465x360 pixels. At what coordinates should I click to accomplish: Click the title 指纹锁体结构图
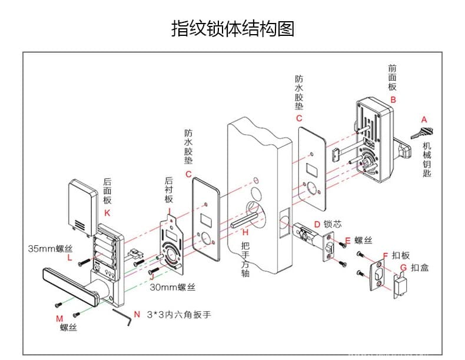[232, 28]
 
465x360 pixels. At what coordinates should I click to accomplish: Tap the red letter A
[424, 119]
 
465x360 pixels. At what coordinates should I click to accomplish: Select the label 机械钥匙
[427, 159]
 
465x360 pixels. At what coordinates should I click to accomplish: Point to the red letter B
[393, 99]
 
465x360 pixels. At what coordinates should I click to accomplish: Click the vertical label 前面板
[393, 77]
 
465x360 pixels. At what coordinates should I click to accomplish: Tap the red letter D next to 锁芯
[317, 224]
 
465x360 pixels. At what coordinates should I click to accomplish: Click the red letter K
[107, 212]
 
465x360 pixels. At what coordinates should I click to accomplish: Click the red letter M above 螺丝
[59, 318]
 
